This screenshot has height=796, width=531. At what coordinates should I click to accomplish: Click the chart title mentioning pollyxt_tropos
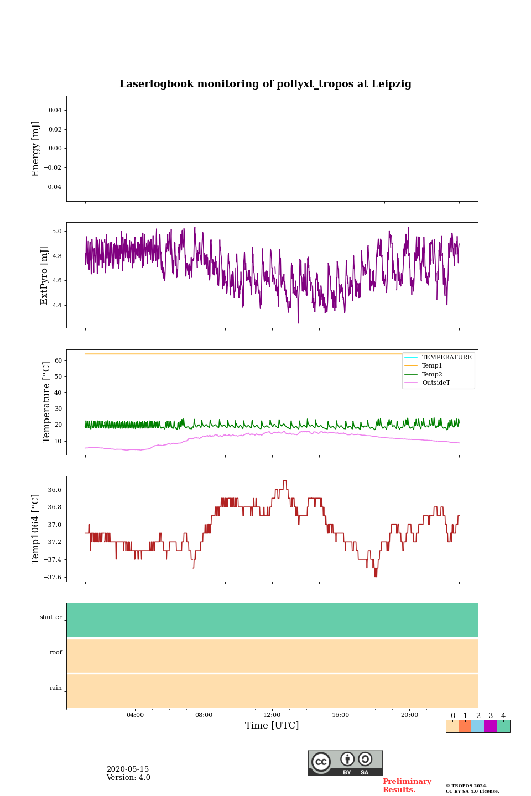point(265,84)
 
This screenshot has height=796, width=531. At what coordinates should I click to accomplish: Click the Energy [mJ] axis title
point(36,149)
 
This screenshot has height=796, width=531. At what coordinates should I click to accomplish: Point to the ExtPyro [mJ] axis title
point(45,275)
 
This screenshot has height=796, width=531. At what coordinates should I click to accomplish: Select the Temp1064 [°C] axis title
point(36,529)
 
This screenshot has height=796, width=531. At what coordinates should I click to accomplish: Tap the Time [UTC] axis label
point(272,725)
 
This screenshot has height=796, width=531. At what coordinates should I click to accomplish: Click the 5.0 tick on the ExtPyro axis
point(57,231)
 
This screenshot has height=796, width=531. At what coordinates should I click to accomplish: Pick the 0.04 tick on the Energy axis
point(55,110)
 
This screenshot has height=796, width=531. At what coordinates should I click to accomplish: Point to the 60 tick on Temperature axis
point(58,360)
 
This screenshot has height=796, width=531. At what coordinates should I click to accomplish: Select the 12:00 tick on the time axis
point(272,715)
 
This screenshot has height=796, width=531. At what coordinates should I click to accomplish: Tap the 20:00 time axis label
point(409,715)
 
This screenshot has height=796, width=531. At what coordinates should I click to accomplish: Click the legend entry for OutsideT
point(436,383)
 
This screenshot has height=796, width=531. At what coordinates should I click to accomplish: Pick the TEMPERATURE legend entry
point(446,357)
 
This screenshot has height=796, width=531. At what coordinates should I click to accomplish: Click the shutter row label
point(51,617)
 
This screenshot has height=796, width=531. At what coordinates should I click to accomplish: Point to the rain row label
point(56,688)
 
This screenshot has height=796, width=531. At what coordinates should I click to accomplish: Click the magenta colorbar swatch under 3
point(490,726)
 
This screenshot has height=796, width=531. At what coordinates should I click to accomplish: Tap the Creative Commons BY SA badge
point(345,763)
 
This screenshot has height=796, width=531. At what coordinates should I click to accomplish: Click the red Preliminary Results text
point(407,785)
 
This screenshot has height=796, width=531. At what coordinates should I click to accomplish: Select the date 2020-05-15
point(127,769)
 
